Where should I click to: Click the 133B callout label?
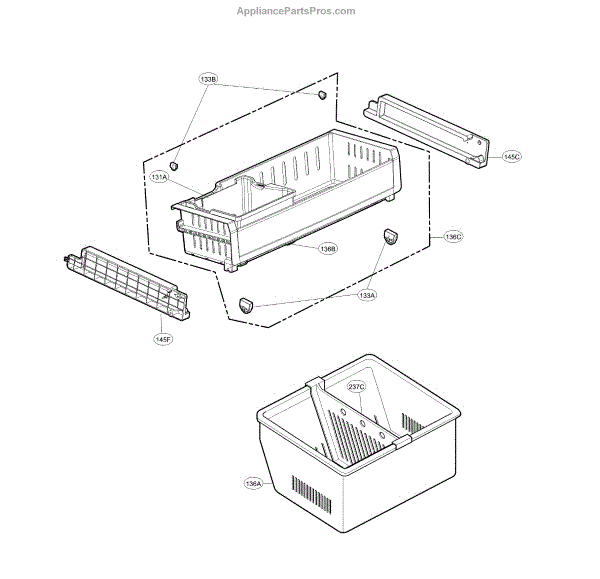209,79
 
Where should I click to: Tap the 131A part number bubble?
159,177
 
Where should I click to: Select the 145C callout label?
511,157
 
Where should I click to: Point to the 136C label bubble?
452,237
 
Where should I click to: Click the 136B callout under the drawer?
328,248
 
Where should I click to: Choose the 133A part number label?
367,295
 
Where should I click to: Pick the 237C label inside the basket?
357,386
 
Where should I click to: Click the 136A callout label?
253,483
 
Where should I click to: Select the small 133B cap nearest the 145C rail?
322,94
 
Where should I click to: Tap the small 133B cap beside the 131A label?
173,164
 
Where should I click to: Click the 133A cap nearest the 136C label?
389,235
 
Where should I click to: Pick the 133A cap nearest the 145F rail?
247,304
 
